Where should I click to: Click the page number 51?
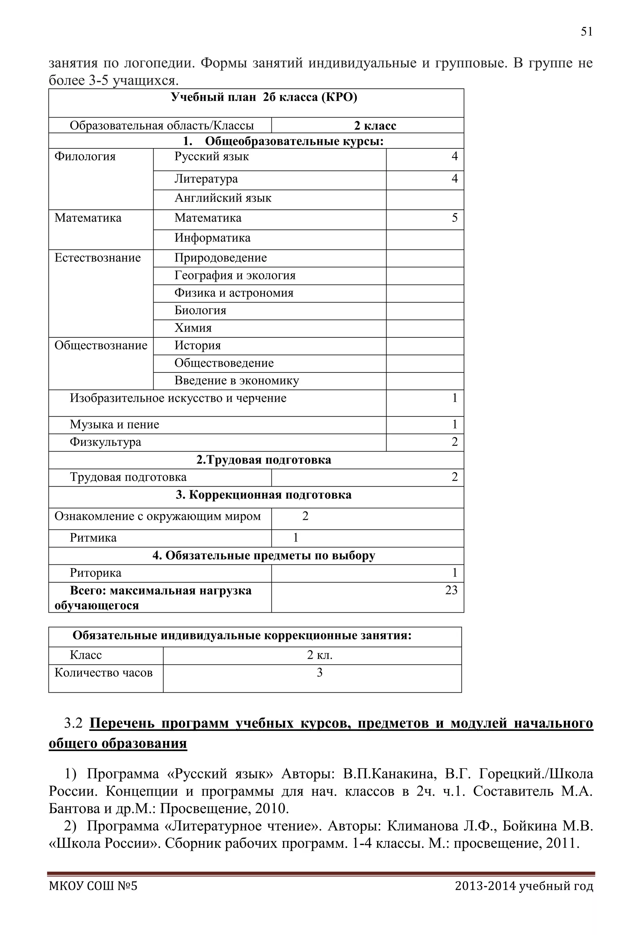tap(587, 32)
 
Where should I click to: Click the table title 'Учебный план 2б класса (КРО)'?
tap(264, 98)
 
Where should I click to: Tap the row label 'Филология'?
tap(85, 156)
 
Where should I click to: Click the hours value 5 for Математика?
tap(455, 218)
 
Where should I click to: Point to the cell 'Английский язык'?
tap(223, 198)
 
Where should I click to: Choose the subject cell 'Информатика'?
tap(213, 238)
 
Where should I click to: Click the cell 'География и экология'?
tap(235, 276)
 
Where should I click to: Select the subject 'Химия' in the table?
tap(193, 328)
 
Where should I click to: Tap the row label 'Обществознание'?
tap(101, 346)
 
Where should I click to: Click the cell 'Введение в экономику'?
tap(237, 381)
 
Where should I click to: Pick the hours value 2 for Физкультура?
tap(455, 442)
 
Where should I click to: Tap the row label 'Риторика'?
tap(95, 573)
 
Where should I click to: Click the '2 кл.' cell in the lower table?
tap(319, 655)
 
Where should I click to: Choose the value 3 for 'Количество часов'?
tap(319, 673)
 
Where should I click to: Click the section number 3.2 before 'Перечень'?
tap(73, 723)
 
